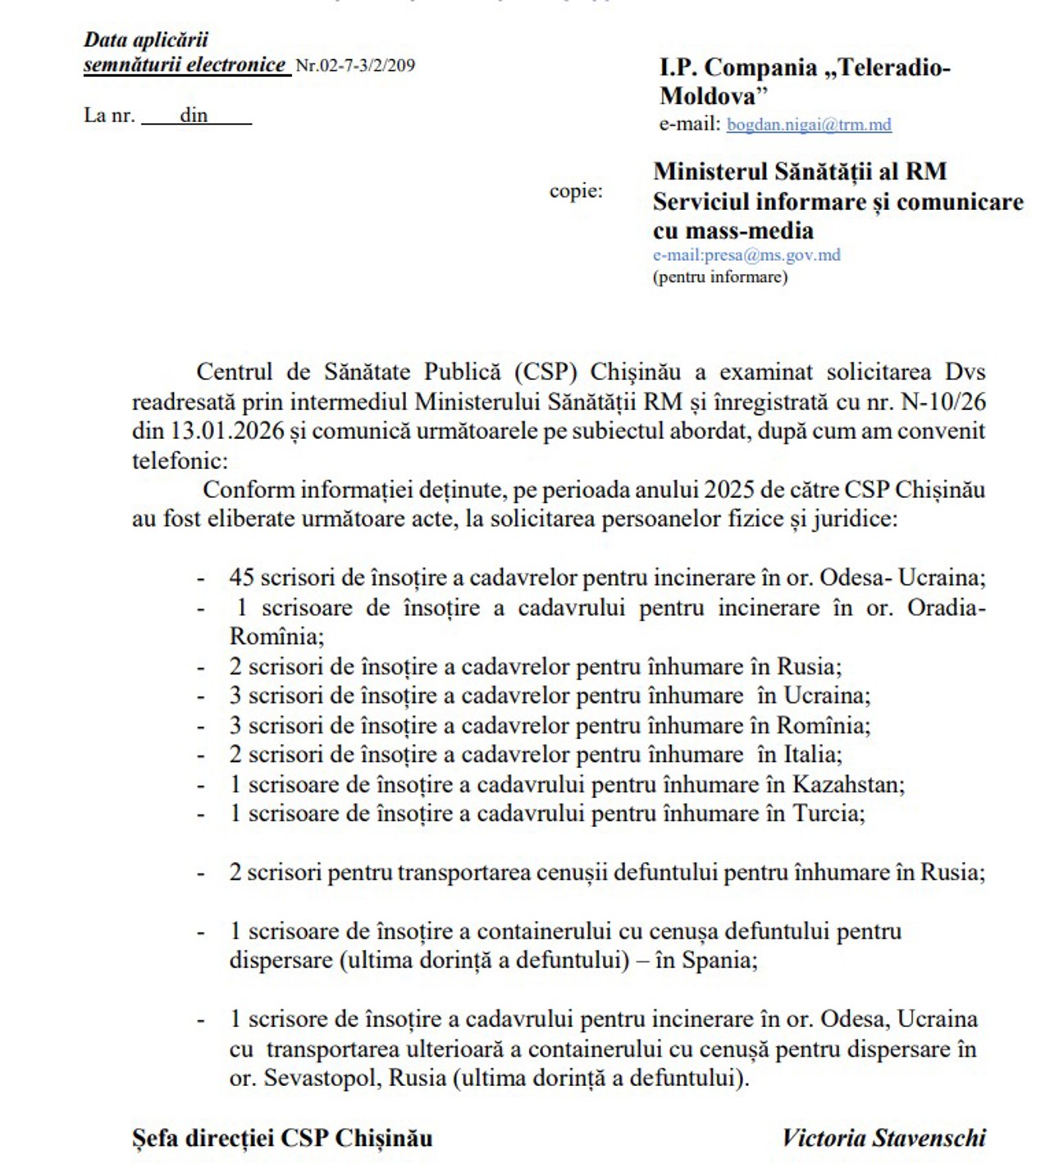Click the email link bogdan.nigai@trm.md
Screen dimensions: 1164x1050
point(809,125)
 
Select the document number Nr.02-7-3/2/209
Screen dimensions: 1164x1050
point(355,66)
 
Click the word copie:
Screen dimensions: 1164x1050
point(576,191)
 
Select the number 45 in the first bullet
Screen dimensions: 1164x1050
point(241,577)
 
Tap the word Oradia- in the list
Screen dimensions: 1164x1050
point(946,608)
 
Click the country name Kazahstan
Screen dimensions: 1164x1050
point(847,784)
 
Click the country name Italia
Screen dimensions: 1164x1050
point(812,755)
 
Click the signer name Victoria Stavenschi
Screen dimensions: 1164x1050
point(883,1138)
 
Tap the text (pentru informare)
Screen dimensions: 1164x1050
point(720,276)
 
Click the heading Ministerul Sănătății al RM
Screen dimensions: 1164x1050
point(800,171)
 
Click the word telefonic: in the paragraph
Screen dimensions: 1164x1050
point(180,460)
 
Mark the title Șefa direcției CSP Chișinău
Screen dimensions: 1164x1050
point(282,1138)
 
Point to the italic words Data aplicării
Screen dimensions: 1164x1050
point(146,39)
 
